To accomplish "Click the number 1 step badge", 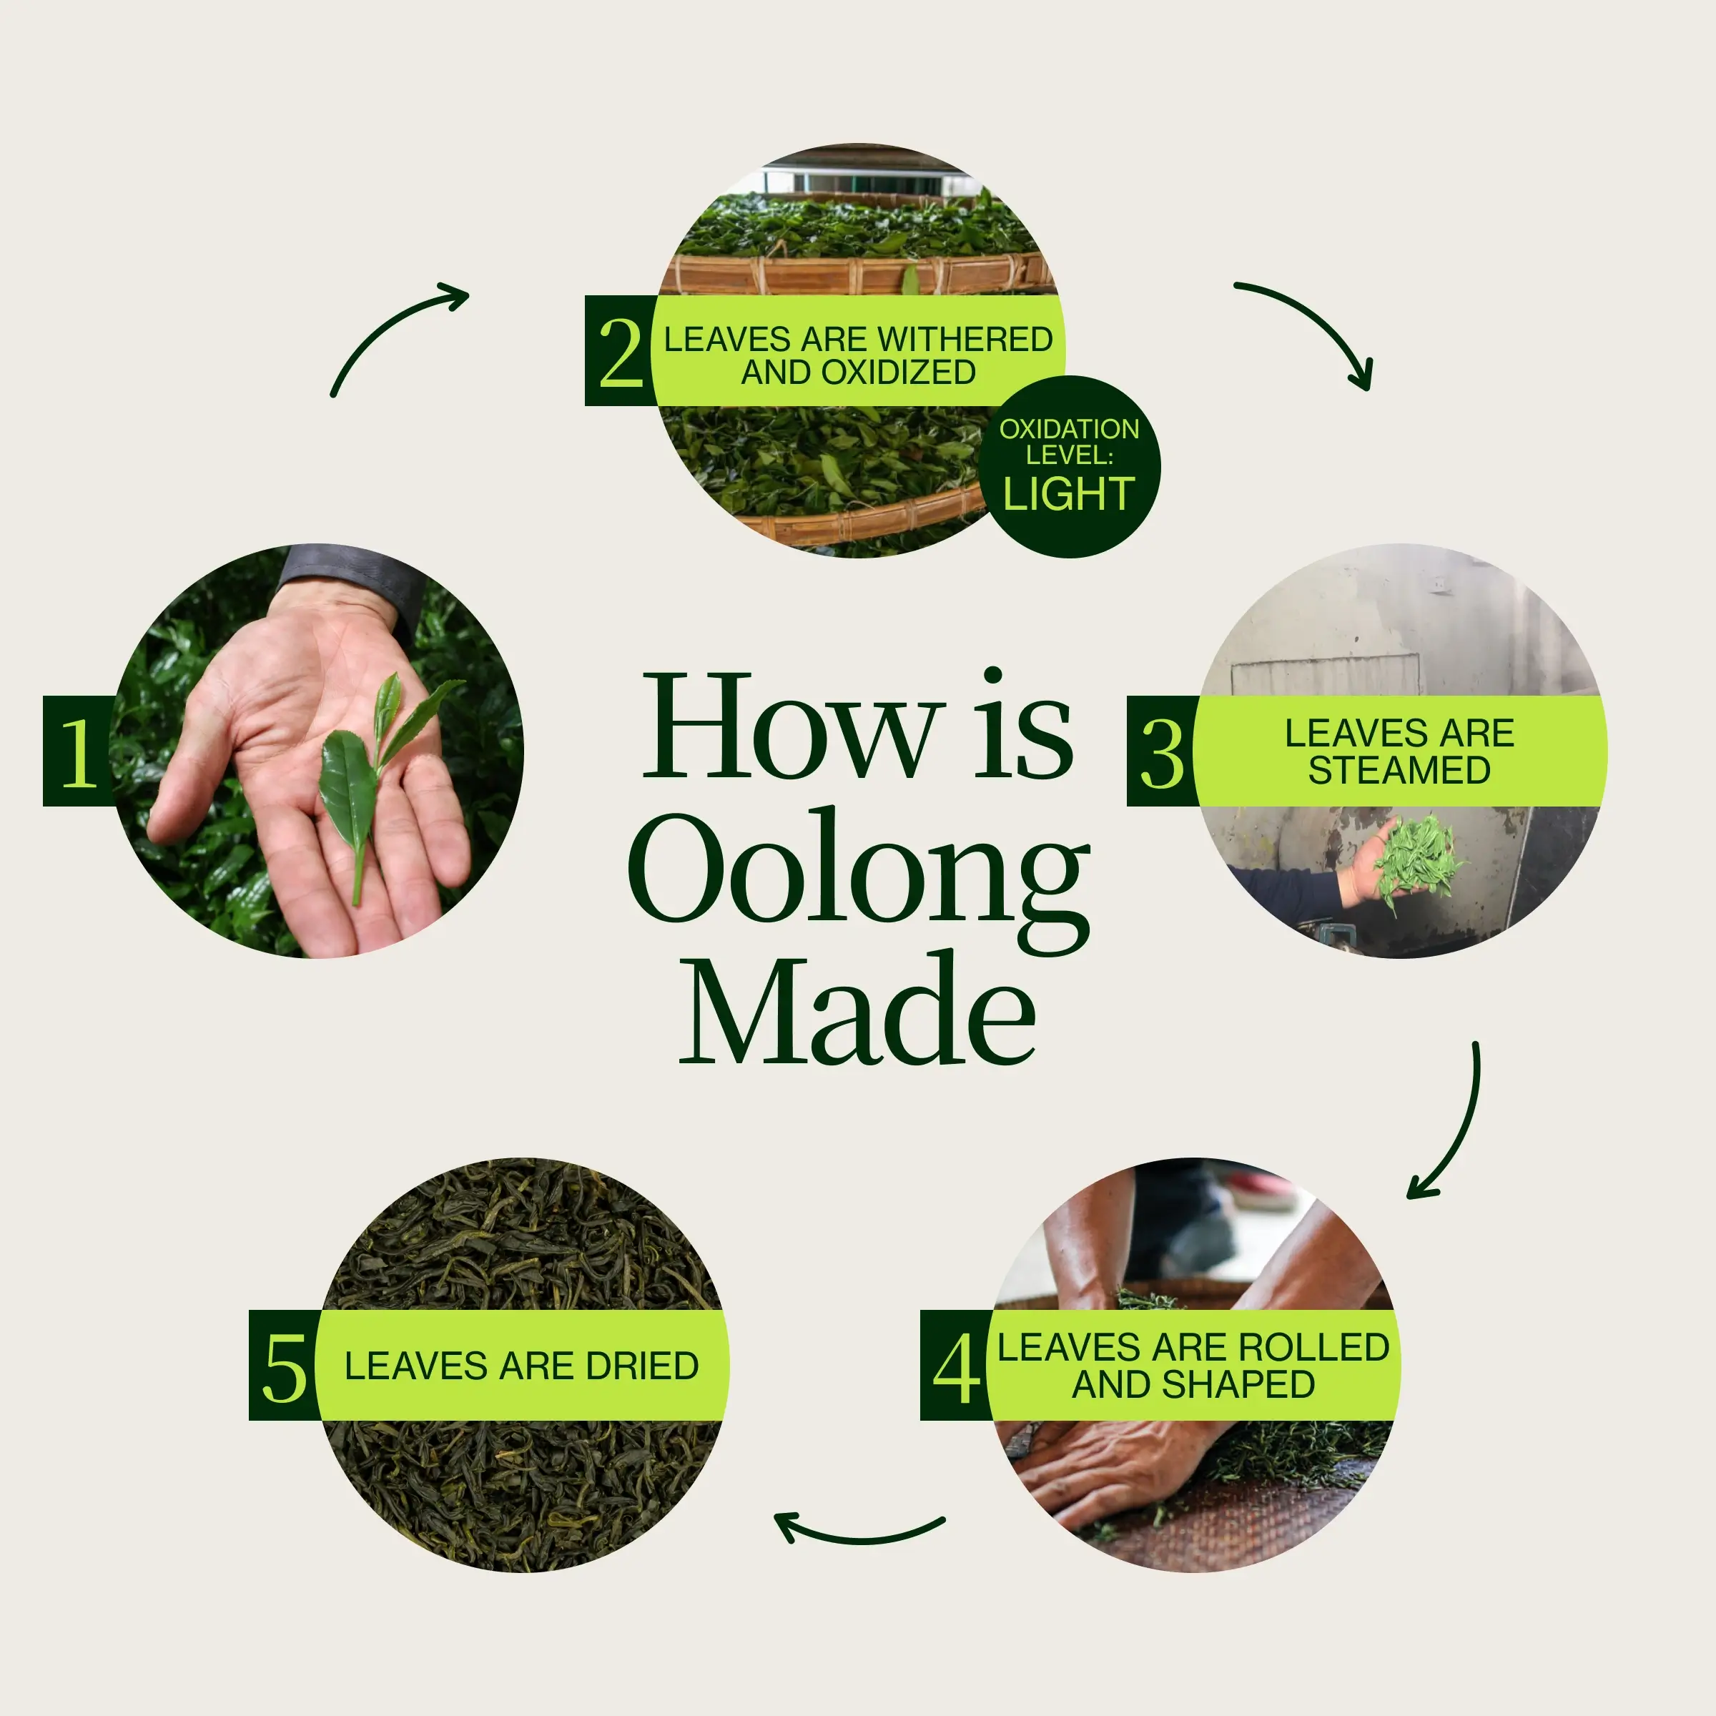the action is [x=77, y=751].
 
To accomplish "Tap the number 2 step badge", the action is [x=619, y=351].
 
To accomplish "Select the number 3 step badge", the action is [x=1162, y=751].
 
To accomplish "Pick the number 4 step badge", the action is [x=956, y=1364].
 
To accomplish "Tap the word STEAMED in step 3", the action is [x=1399, y=770].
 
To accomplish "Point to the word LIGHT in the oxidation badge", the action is [x=1068, y=494].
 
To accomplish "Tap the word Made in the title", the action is [x=858, y=1008].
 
